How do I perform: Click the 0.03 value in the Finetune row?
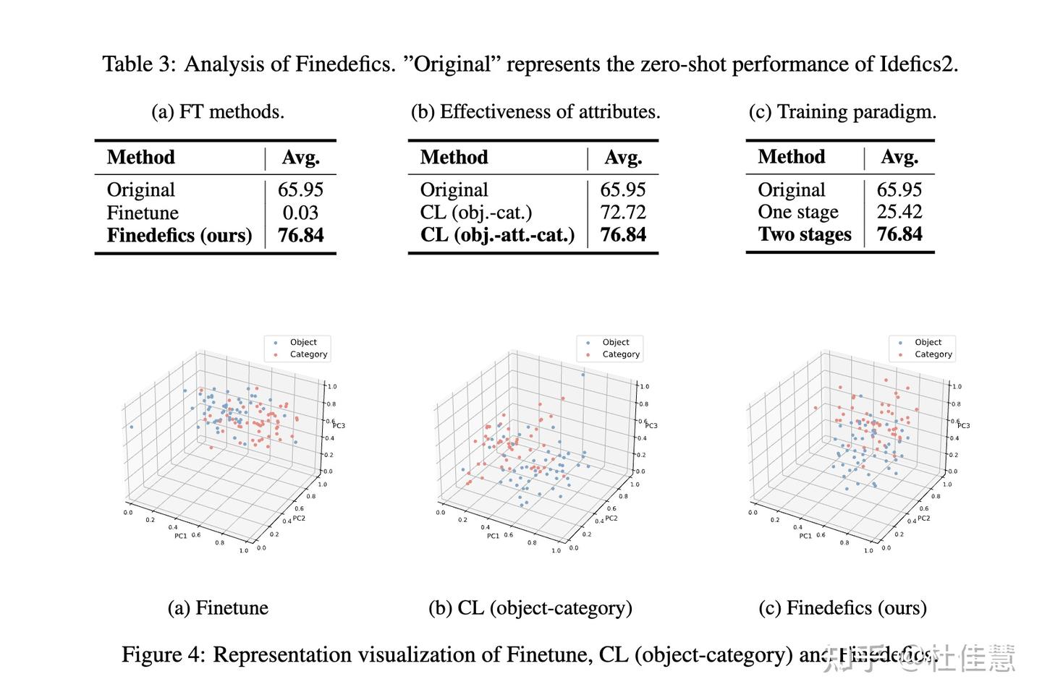click(x=300, y=213)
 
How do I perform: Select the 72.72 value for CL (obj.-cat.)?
click(x=622, y=213)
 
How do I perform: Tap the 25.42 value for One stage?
click(x=899, y=212)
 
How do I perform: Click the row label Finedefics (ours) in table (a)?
click(x=179, y=236)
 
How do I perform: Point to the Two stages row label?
click(x=805, y=235)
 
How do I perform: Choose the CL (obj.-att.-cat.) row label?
click(x=497, y=235)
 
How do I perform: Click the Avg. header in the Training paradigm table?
click(x=899, y=157)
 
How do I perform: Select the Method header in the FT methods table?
click(x=141, y=158)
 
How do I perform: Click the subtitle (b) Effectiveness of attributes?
click(x=535, y=112)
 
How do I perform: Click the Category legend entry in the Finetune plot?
click(x=308, y=354)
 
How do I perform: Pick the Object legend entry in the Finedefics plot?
click(x=928, y=342)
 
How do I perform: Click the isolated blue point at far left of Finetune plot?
click(x=131, y=427)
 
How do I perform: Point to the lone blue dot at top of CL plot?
click(x=583, y=375)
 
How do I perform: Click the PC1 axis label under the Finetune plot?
click(x=180, y=536)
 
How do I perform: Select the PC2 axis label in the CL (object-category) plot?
click(x=611, y=518)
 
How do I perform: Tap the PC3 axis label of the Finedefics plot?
click(x=963, y=425)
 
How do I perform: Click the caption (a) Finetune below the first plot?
click(x=218, y=608)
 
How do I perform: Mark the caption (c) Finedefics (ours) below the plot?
click(x=842, y=608)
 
